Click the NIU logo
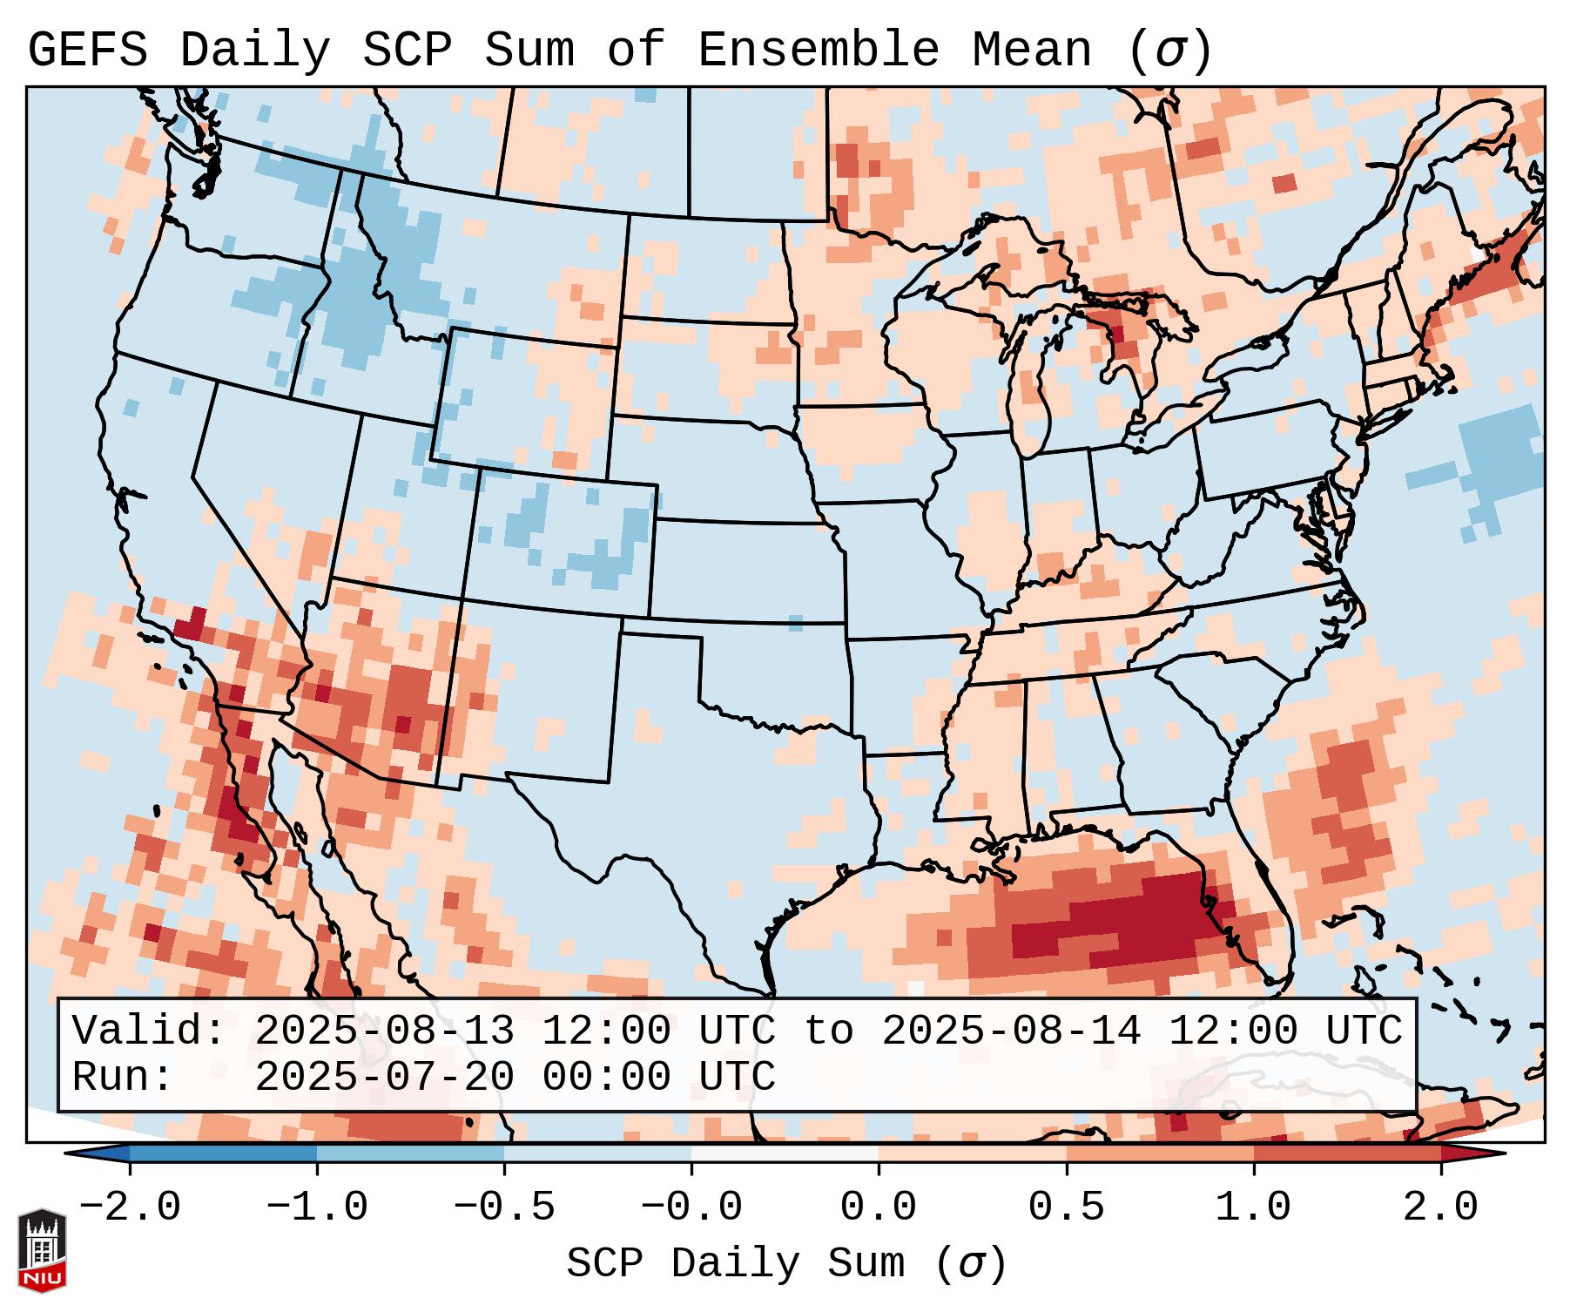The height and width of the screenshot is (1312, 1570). pos(42,1250)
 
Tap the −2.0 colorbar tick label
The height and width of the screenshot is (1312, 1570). pos(130,1207)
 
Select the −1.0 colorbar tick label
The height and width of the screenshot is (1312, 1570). pos(317,1207)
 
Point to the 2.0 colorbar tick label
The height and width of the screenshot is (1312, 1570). pos(1440,1207)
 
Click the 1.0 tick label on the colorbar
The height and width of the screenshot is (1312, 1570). pos(1253,1207)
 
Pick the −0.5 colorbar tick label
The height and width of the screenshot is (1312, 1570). pos(504,1207)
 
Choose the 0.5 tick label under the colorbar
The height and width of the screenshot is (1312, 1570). pos(1066,1207)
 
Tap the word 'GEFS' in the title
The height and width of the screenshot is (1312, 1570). pos(88,51)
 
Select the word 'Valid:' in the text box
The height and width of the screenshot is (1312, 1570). pos(149,1031)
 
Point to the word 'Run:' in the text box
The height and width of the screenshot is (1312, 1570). pos(123,1078)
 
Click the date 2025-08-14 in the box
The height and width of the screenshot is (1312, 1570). pos(1011,1031)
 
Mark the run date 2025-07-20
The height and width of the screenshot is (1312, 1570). pos(384,1078)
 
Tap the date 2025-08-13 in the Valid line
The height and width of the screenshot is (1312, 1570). pos(384,1031)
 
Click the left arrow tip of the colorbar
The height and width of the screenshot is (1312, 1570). pos(68,1154)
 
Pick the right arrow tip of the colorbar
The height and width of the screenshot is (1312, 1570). pos(1504,1154)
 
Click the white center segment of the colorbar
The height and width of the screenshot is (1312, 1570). pos(785,1154)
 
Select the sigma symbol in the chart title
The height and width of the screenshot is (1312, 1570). pos(1169,51)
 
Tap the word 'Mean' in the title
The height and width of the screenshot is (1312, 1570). pos(1032,51)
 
